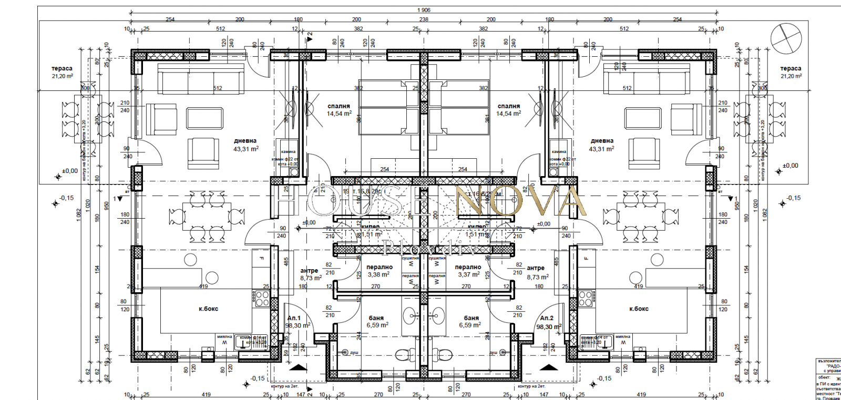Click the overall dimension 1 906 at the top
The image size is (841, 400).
pos(423,9)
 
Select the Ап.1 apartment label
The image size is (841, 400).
pos(294,318)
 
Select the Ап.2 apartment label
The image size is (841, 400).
pos(547,318)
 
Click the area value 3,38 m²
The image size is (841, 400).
pos(378,274)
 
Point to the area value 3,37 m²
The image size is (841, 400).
pos(468,274)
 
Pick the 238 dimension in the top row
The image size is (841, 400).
pos(423,19)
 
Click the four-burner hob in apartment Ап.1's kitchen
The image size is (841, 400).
pos(262,299)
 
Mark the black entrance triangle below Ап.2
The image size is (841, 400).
pos(548,367)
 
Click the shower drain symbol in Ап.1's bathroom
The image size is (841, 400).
pos(345,352)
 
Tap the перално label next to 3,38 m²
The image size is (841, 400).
pos(380,267)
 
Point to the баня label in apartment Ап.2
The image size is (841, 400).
pos(471,318)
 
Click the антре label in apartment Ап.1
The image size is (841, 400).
pos(309,271)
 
